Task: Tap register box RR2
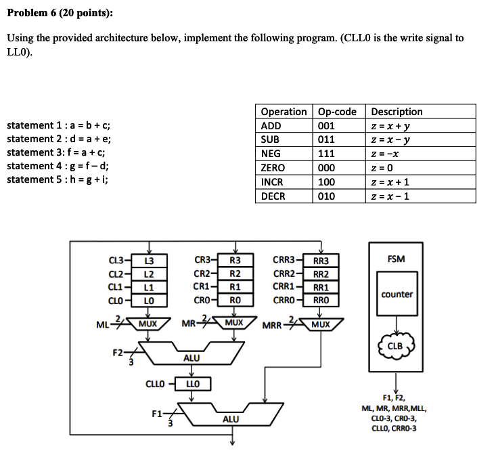(321, 274)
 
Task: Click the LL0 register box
(192, 385)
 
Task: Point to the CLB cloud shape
(396, 346)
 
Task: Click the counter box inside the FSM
(397, 294)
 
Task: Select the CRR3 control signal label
(284, 260)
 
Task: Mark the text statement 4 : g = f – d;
(58, 166)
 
